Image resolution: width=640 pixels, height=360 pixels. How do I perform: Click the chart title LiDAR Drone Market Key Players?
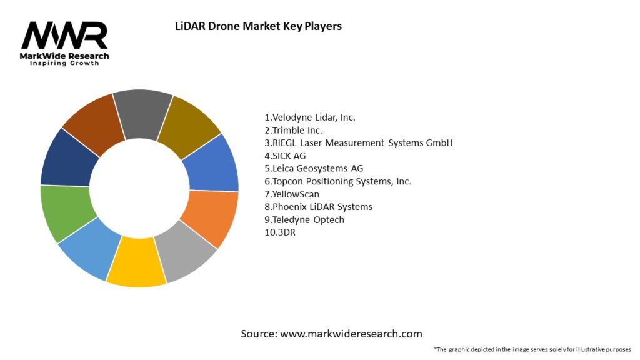tap(257, 27)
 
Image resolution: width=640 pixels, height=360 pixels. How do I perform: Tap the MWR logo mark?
tap(64, 36)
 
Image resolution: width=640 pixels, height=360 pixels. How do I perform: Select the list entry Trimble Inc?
tap(294, 130)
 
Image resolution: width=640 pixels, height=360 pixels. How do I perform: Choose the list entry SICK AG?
tap(285, 156)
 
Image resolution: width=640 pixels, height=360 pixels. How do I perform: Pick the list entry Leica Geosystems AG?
tap(314, 168)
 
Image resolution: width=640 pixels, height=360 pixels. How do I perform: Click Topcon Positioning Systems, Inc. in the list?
tap(337, 181)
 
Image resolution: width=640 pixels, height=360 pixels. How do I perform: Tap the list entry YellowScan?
tap(292, 194)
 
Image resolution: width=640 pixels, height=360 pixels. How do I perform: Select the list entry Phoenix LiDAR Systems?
tap(318, 207)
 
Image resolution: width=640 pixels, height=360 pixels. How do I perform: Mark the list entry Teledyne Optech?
tap(304, 219)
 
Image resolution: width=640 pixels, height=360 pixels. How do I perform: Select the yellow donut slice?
tap(136, 261)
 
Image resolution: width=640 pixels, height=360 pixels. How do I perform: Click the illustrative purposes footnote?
tap(532, 349)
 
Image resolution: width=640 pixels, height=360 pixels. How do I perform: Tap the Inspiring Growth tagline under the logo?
tap(64, 64)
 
